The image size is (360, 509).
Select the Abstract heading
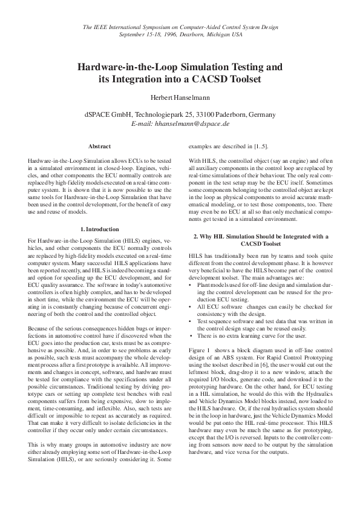click(x=99, y=146)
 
